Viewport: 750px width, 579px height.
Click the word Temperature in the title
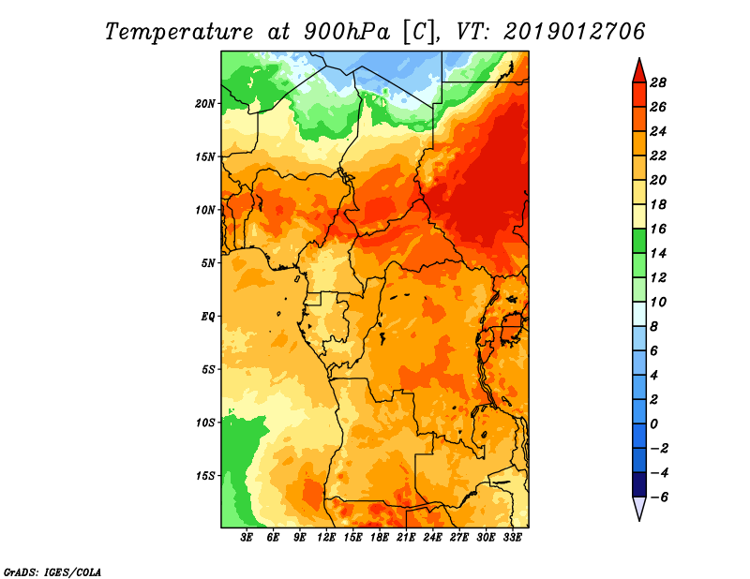[179, 32]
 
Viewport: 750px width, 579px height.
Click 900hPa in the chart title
[347, 32]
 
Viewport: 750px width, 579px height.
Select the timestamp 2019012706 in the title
[575, 32]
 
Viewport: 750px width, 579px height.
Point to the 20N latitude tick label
[205, 104]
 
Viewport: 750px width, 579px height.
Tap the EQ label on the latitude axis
[208, 317]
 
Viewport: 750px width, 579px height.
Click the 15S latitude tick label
[205, 476]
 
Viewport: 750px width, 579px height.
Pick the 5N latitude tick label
[208, 263]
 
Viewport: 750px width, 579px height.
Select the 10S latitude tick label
[205, 423]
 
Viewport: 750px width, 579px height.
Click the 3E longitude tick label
[247, 538]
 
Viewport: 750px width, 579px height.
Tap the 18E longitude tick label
[380, 538]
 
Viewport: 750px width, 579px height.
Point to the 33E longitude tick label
[512, 538]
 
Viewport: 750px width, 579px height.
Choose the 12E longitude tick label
[326, 538]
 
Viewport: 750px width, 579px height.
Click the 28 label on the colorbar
[658, 82]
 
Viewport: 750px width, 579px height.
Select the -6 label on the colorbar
[659, 497]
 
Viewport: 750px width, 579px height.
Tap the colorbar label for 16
[658, 229]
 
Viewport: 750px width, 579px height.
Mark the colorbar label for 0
[654, 424]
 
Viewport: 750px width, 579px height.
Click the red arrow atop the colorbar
[639, 71]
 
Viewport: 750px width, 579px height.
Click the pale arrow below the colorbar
[639, 508]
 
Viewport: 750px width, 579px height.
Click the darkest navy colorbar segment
[639, 484]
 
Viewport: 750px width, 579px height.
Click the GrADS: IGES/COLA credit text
[52, 572]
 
